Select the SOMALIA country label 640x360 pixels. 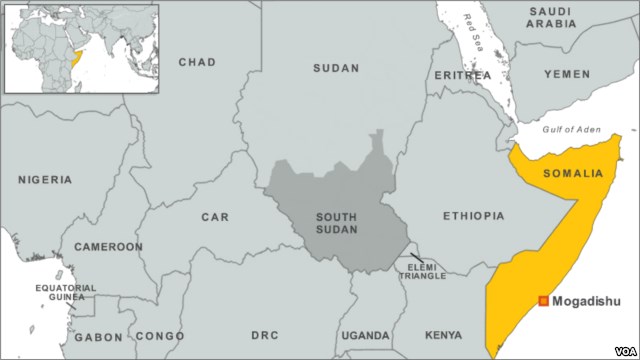pyautogui.click(x=573, y=173)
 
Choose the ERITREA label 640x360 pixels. pyautogui.click(x=463, y=75)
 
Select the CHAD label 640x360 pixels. pyautogui.click(x=197, y=62)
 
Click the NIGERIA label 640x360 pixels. pyautogui.click(x=45, y=180)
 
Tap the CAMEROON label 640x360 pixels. pyautogui.click(x=108, y=246)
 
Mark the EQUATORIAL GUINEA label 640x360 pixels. pyautogui.click(x=66, y=293)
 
